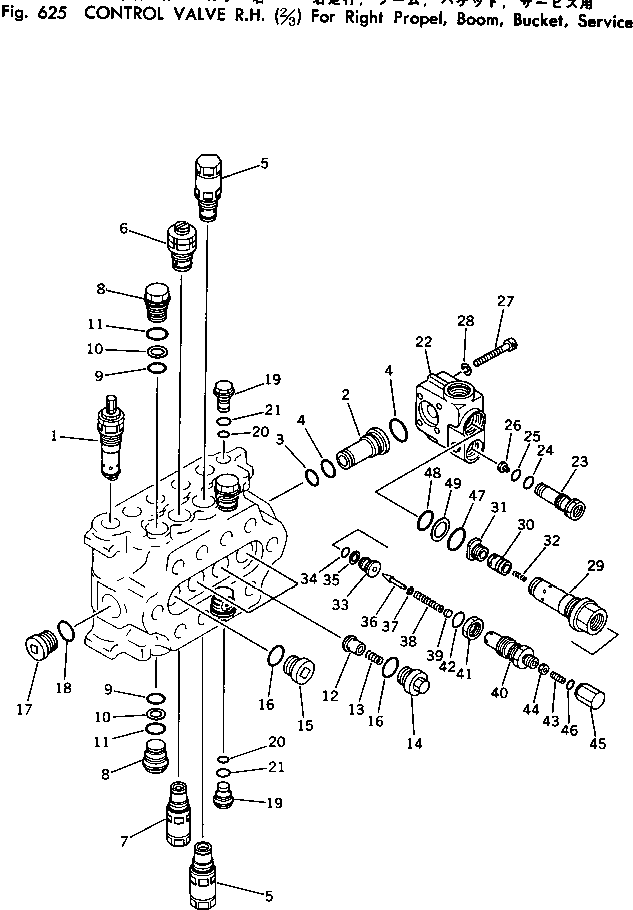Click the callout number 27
pyautogui.click(x=505, y=301)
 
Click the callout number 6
pyautogui.click(x=124, y=228)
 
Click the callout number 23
pyautogui.click(x=579, y=461)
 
